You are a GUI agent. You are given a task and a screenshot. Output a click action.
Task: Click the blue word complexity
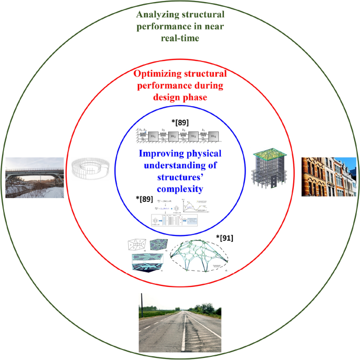pyautogui.click(x=181, y=188)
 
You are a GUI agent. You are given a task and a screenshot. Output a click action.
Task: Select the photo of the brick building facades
pyautogui.click(x=322, y=176)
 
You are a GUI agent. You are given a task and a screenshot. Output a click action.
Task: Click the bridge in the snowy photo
pyautogui.click(x=34, y=172)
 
